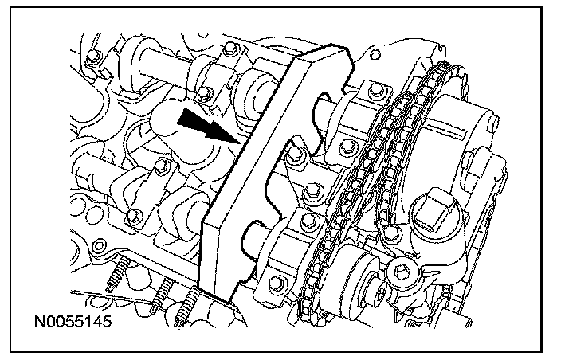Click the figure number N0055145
pos(73,322)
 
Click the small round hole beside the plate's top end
pos(375,55)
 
